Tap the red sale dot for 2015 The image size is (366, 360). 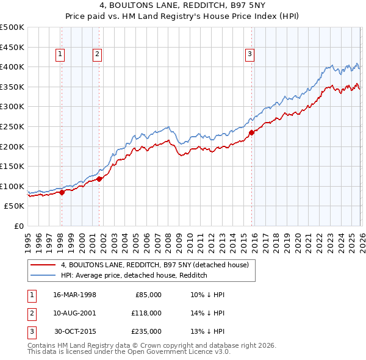pos(251,132)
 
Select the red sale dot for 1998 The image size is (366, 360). pos(62,192)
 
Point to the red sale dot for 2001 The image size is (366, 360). pos(99,179)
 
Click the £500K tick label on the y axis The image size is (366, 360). pos(12,27)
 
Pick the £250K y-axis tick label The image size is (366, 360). pos(12,126)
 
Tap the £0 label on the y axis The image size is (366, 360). pos(18,226)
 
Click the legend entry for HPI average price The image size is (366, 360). pos(134,276)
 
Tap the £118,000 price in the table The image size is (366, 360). pos(147,313)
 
